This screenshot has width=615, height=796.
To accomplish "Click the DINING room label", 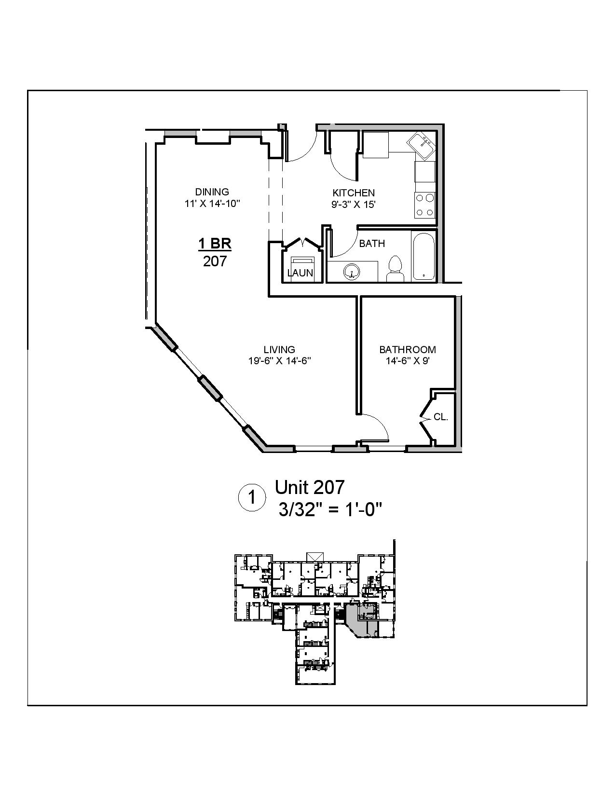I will click(x=212, y=192).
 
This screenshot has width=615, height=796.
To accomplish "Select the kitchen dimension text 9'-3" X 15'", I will click(x=353, y=204).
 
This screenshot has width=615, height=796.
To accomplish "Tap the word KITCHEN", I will click(x=354, y=192).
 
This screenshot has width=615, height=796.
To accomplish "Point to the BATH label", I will click(x=372, y=244).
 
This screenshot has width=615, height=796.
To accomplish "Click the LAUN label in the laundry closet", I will click(x=300, y=273).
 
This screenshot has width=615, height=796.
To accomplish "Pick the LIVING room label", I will click(x=279, y=349).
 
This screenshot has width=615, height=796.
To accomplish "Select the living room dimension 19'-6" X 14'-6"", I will click(x=279, y=361).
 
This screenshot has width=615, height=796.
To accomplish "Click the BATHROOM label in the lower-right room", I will click(x=407, y=349).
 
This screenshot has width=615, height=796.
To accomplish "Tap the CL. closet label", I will click(x=440, y=417).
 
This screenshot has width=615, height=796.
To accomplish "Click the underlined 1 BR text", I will click(x=215, y=244).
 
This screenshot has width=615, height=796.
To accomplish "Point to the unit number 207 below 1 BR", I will click(x=215, y=261).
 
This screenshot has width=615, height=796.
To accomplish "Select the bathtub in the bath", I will click(x=424, y=256).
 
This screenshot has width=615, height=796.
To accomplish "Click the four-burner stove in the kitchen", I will click(x=425, y=205).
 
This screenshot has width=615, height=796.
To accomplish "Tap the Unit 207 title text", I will click(x=310, y=487).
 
